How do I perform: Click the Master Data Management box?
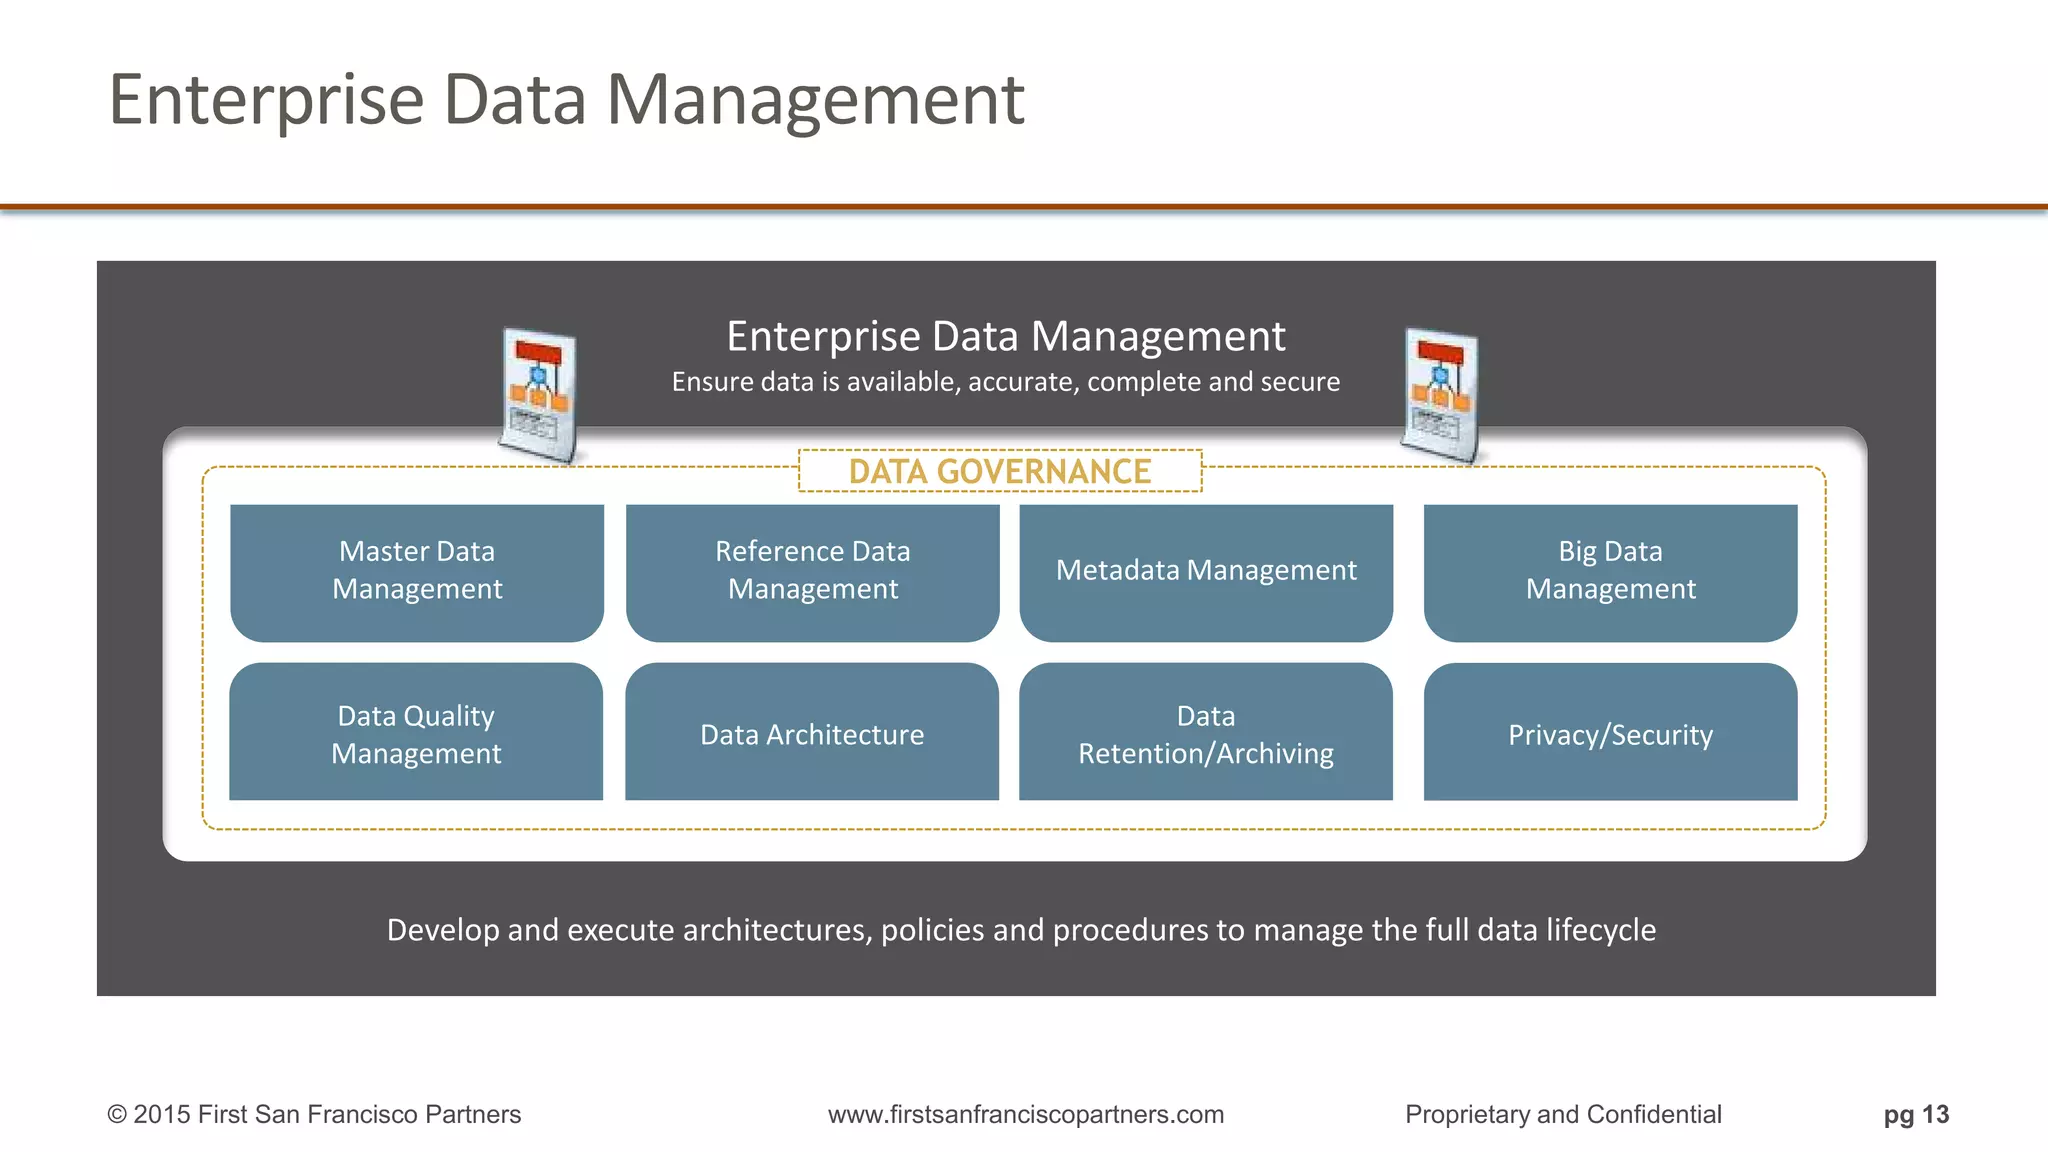click(417, 571)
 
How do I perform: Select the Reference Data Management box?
click(812, 571)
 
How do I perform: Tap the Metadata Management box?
click(1206, 571)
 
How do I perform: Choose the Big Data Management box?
click(1610, 571)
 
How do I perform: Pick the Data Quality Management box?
click(416, 734)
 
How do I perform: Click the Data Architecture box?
click(812, 734)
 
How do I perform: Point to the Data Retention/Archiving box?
click(1206, 734)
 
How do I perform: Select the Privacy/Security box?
click(1610, 734)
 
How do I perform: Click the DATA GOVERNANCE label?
click(1000, 471)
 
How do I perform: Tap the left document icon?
click(539, 395)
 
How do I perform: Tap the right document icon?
click(1440, 395)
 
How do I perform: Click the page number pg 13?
click(1916, 1114)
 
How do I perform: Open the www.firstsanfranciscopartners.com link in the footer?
click(1026, 1114)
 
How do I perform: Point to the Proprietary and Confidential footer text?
click(1563, 1114)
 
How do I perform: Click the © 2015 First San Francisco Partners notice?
click(314, 1114)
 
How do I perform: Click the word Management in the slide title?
click(815, 100)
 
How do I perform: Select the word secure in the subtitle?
click(1299, 382)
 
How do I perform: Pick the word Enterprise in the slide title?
click(267, 100)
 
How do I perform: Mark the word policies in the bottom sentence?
click(932, 930)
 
